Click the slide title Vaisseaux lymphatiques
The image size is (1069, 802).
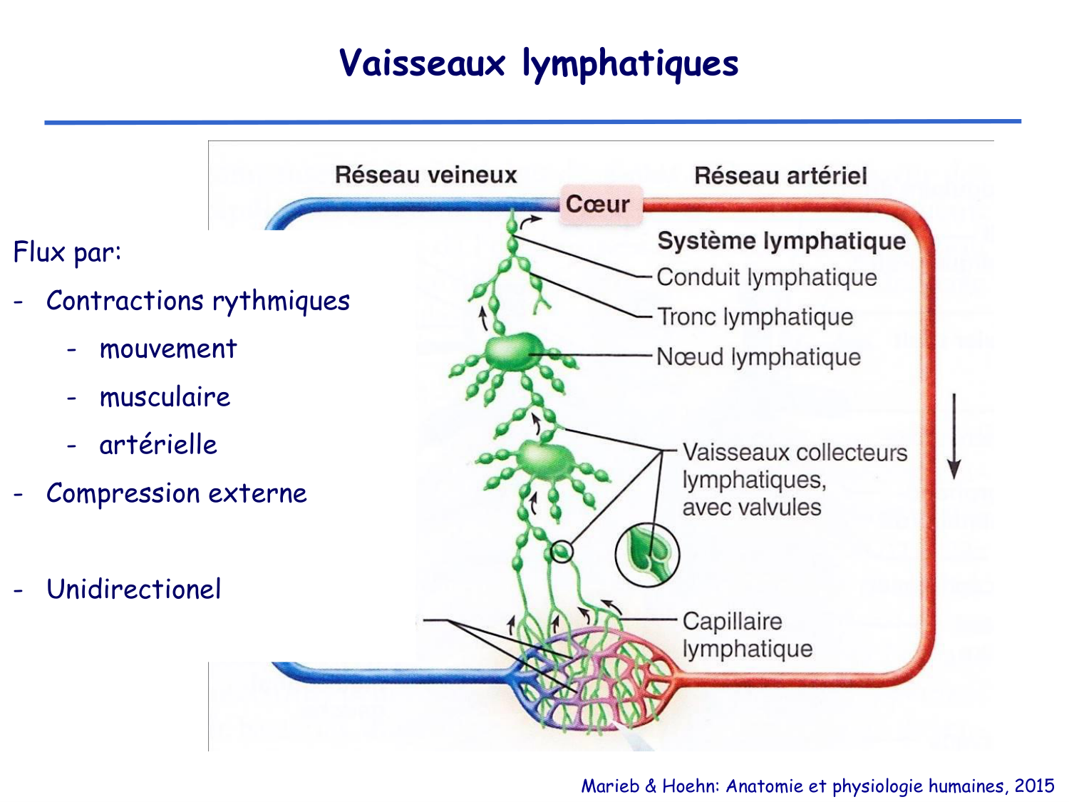pyautogui.click(x=538, y=63)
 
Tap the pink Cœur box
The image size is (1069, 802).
pyautogui.click(x=599, y=205)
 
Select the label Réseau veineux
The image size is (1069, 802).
pyautogui.click(x=425, y=175)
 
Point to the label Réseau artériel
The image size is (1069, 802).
pyautogui.click(x=780, y=175)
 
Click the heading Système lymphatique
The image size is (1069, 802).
pyautogui.click(x=781, y=241)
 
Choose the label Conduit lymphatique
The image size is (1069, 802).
pyautogui.click(x=766, y=277)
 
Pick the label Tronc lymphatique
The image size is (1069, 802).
pyautogui.click(x=755, y=317)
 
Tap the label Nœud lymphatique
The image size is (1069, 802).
pyautogui.click(x=758, y=356)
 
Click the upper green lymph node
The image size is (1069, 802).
pyautogui.click(x=514, y=351)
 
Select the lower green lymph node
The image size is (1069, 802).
pyautogui.click(x=545, y=460)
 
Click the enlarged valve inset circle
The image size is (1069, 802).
pyautogui.click(x=647, y=555)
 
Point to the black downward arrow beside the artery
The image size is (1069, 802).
pyautogui.click(x=954, y=435)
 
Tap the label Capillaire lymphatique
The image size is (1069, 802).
pyautogui.click(x=746, y=634)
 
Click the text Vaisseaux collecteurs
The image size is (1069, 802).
pyautogui.click(x=795, y=453)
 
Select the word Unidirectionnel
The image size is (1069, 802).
pyautogui.click(x=133, y=590)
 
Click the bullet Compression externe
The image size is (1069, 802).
pyautogui.click(x=176, y=493)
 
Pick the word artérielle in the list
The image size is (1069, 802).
pyautogui.click(x=158, y=445)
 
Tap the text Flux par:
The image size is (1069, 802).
pyautogui.click(x=67, y=252)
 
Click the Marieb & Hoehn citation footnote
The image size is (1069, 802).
pyautogui.click(x=817, y=786)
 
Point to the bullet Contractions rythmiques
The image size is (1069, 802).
pyautogui.click(x=197, y=301)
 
